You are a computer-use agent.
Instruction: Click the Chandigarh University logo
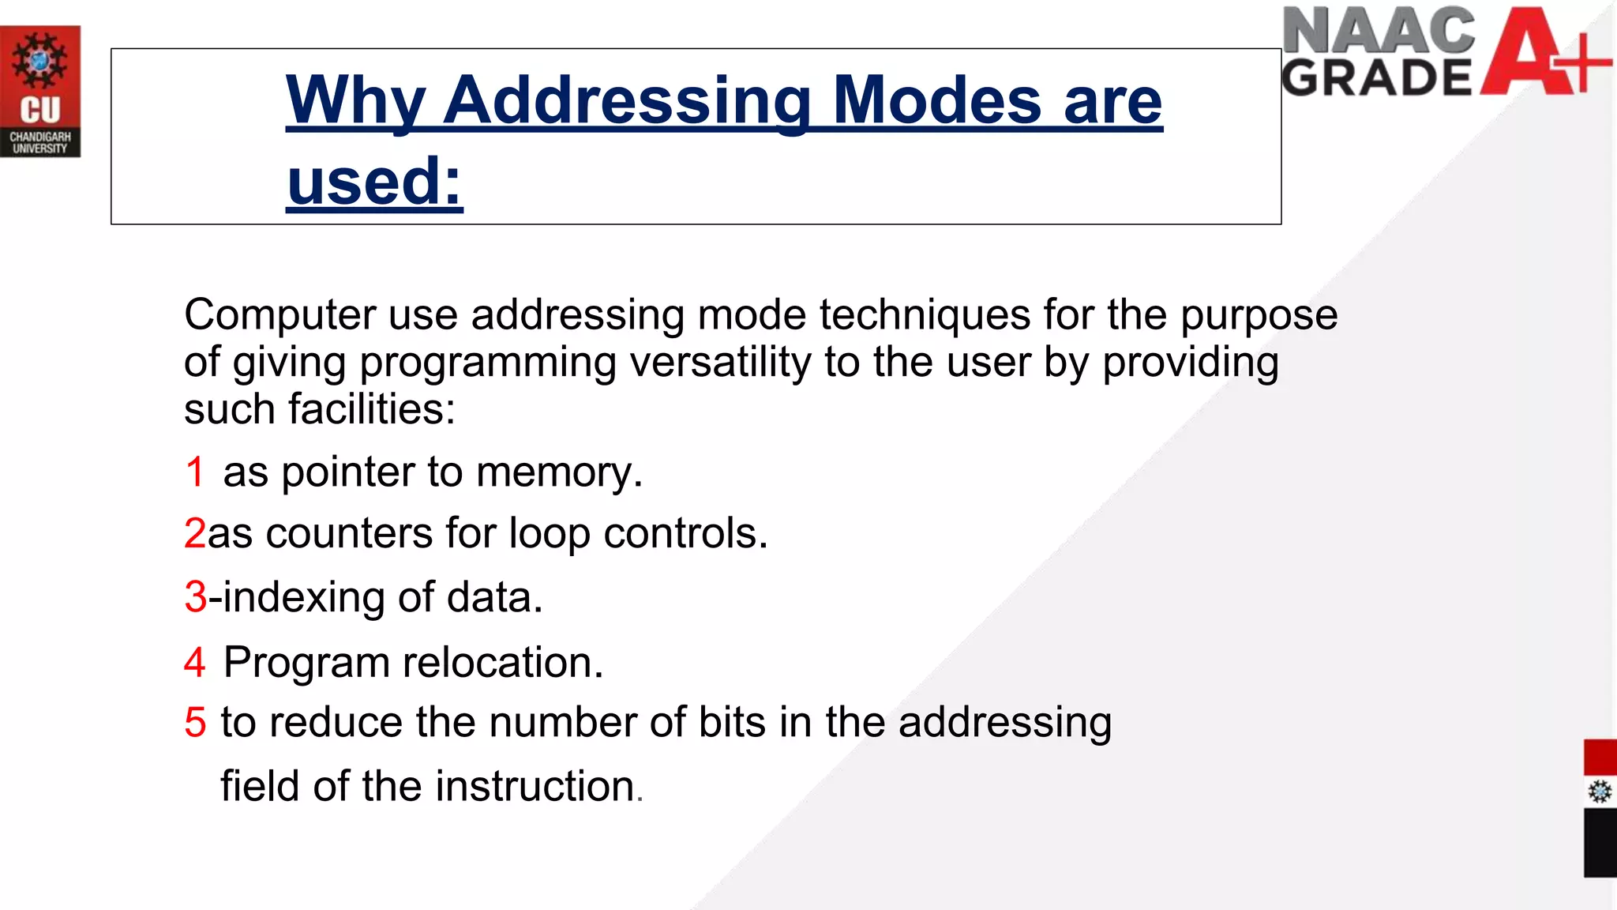40,91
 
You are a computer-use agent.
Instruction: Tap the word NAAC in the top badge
1379,32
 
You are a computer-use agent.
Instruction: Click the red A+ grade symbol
1544,52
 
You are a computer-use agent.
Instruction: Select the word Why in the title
355,101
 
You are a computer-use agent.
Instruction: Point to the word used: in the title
374,181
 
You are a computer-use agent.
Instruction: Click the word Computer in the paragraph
280,315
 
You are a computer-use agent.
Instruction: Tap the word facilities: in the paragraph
372,409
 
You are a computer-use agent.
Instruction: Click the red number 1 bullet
195,472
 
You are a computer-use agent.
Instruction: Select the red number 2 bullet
194,533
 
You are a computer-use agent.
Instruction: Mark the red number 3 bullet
195,596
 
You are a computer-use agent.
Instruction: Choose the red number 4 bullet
194,662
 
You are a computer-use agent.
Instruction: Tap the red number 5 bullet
195,722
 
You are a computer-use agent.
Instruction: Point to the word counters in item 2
349,533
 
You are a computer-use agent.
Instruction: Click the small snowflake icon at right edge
1600,792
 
